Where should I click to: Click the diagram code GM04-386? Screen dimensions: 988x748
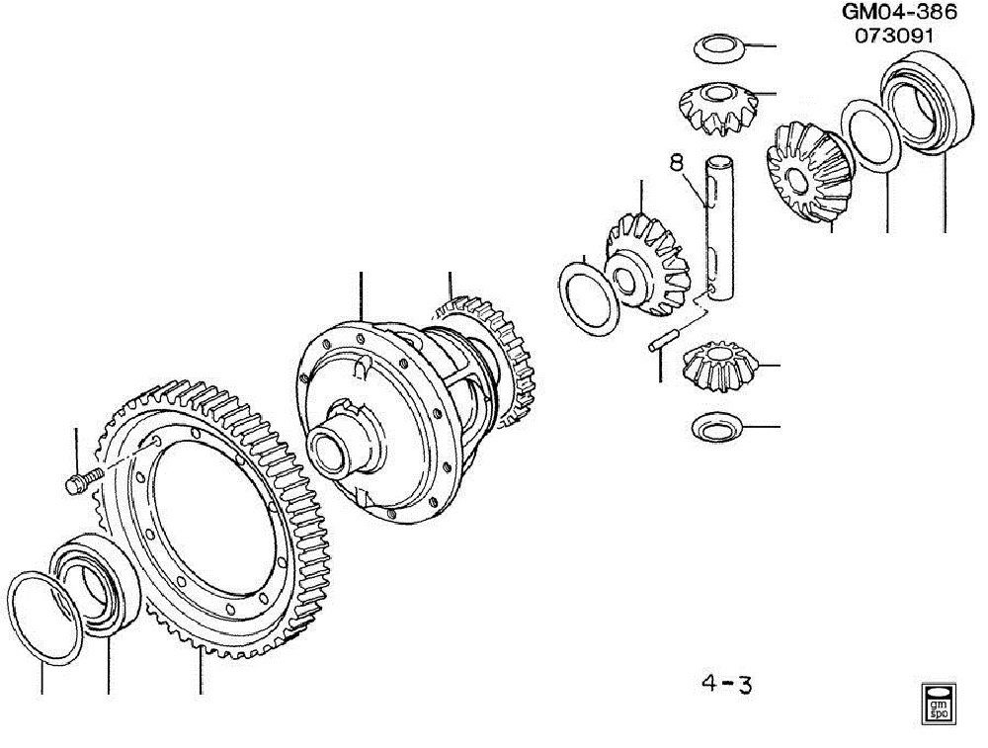pos(899,11)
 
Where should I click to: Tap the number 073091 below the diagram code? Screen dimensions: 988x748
pos(894,36)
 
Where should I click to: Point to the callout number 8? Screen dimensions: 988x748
pos(676,163)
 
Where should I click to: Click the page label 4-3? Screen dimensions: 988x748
pos(726,684)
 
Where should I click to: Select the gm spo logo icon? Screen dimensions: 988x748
pos(939,702)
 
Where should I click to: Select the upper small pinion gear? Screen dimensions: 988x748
pos(719,109)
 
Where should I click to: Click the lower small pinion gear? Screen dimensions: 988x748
pos(719,367)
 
